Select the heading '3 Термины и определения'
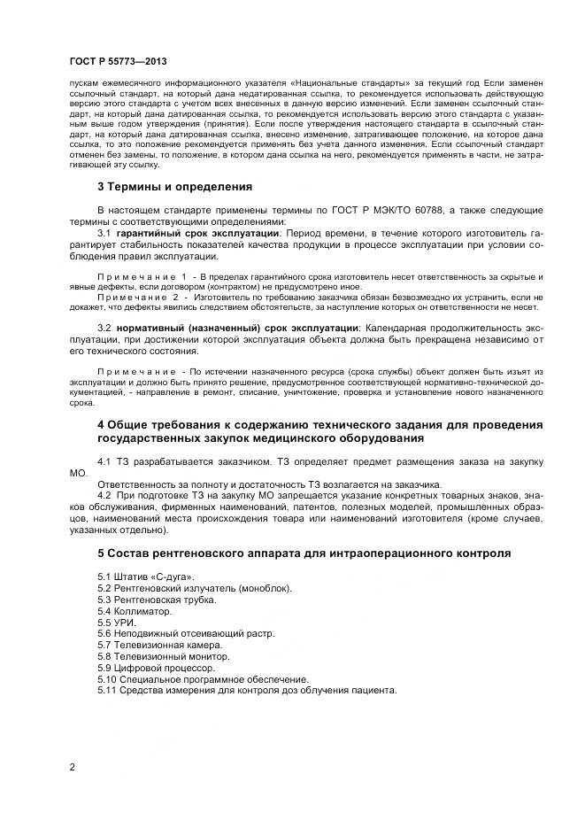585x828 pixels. pyautogui.click(x=174, y=187)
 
